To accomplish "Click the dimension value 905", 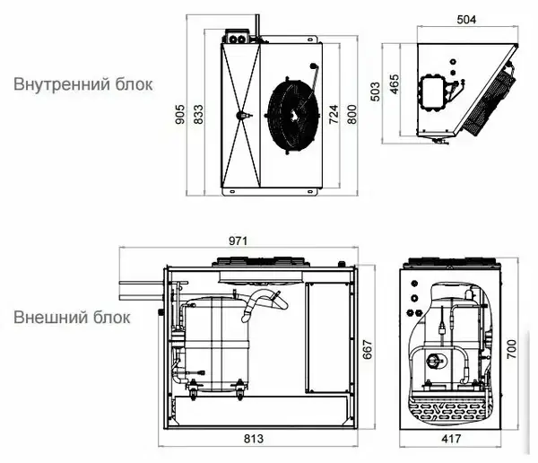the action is click(180, 114).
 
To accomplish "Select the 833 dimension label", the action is click(198, 114).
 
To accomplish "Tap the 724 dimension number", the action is click(334, 114).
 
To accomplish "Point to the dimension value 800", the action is click(352, 114).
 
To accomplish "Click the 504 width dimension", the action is click(466, 20).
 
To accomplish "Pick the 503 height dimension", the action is click(376, 92).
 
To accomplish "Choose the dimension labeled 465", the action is click(395, 84).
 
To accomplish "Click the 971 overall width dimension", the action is click(238, 241).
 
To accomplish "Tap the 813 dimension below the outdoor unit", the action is click(254, 439).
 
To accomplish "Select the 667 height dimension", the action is click(368, 349).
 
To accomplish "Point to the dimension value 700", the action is click(512, 349).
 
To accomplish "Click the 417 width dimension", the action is click(451, 439).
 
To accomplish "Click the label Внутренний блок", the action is click(83, 84).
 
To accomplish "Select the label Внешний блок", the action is click(72, 318).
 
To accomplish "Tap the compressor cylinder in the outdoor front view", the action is click(215, 344).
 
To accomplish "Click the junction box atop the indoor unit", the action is click(236, 37).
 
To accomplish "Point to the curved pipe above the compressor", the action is click(264, 303).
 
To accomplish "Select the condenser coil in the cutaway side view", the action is click(447, 408).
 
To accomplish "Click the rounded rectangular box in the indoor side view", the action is click(433, 92).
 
